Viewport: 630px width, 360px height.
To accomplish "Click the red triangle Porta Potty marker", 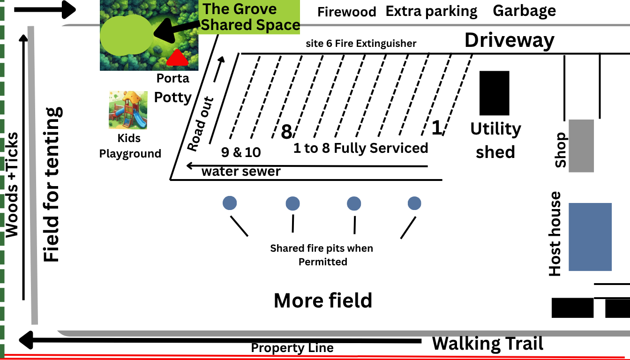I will point(178,58).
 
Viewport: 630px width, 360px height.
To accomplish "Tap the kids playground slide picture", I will point(127,110).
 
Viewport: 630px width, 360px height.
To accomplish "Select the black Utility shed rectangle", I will point(494,93).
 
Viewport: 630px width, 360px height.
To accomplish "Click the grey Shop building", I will point(581,145).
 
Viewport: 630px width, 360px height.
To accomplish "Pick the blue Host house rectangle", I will point(590,237).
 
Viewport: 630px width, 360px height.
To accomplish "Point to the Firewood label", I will point(346,12).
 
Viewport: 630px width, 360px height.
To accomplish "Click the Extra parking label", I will point(431,11).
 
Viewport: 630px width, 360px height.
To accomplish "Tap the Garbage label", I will point(524,11).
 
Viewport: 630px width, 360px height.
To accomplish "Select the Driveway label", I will point(509,41).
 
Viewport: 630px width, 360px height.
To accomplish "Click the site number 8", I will point(286,132).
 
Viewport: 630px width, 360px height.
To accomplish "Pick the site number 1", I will point(436,127).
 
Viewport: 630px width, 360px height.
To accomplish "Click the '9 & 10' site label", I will point(240,152).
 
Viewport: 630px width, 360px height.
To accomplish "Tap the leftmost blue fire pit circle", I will point(230,203).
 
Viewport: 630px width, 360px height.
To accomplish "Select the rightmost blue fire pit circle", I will point(414,203).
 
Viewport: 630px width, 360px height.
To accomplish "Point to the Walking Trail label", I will point(487,344).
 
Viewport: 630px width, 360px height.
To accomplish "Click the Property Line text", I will point(292,348).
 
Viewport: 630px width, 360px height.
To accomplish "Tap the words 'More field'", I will point(323,300).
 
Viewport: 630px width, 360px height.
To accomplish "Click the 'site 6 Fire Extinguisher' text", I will point(360,44).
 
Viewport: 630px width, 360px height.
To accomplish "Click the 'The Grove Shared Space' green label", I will point(250,17).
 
